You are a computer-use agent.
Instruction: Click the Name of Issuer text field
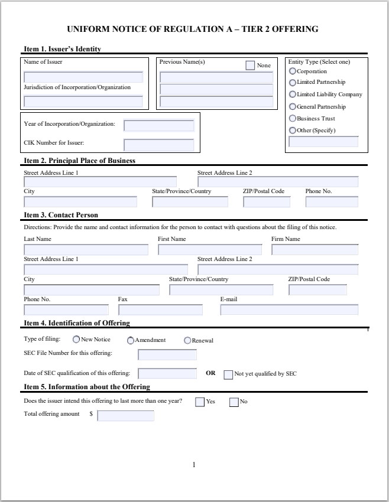click(83, 77)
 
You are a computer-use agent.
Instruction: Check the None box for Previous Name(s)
click(251, 65)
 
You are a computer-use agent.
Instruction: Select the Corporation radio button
click(292, 71)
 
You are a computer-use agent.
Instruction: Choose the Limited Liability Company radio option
click(292, 94)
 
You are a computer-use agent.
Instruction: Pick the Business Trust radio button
click(292, 119)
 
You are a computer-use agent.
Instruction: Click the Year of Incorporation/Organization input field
click(158, 126)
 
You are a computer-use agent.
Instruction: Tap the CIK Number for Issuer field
click(158, 145)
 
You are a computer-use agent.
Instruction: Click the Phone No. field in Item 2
click(332, 202)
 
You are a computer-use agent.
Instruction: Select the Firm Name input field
click(315, 250)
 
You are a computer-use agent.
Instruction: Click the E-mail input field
click(289, 310)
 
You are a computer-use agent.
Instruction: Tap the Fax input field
click(160, 310)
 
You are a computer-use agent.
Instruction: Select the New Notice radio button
click(76, 340)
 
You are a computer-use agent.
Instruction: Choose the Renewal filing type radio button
click(187, 340)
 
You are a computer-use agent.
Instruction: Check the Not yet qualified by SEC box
click(228, 374)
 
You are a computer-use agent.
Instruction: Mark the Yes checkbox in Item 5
click(200, 403)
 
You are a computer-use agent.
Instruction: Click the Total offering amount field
click(125, 416)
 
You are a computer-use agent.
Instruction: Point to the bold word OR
click(210, 374)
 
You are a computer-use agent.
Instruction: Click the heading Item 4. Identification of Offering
click(76, 323)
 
